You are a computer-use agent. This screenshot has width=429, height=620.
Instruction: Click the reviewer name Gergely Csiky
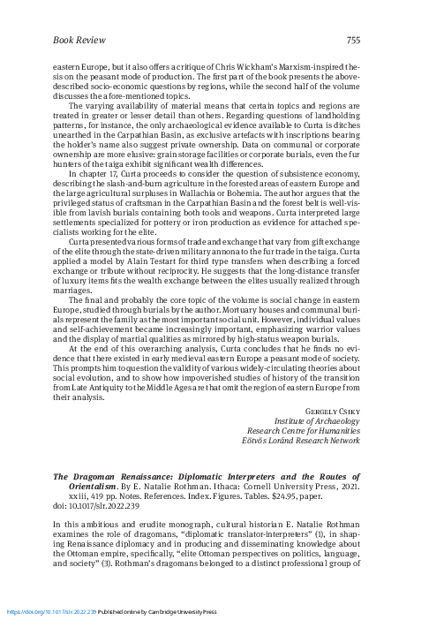tap(332, 412)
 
